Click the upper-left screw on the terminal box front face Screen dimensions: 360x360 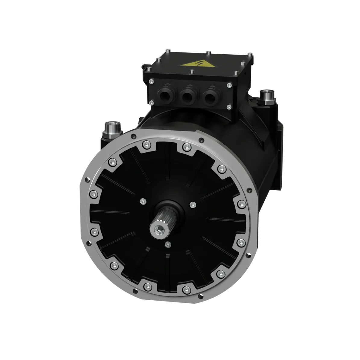coord(151,81)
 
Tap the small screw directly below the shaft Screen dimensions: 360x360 coord(168,244)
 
